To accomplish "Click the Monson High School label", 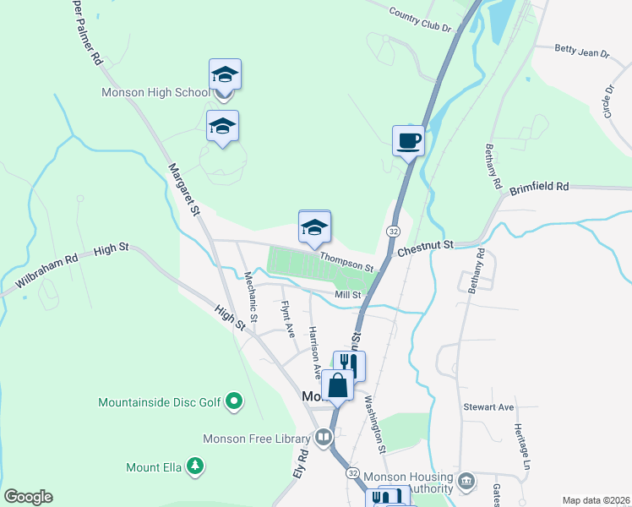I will point(155,93).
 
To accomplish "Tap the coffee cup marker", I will point(408,140).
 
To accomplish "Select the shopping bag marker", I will point(337,385).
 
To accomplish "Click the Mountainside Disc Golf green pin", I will point(236,402).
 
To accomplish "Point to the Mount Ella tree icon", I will point(195,466).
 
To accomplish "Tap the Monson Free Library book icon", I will point(323,437).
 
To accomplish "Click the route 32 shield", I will point(394,231).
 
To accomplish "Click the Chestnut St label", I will point(426,244).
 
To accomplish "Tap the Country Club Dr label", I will point(421,19).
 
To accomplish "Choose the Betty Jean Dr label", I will point(582,52).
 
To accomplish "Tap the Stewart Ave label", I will point(488,407).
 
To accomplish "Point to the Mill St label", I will point(347,295).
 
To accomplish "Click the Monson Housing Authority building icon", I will point(466,482).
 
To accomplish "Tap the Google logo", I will point(28,497).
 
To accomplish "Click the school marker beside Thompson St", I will point(314,228).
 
